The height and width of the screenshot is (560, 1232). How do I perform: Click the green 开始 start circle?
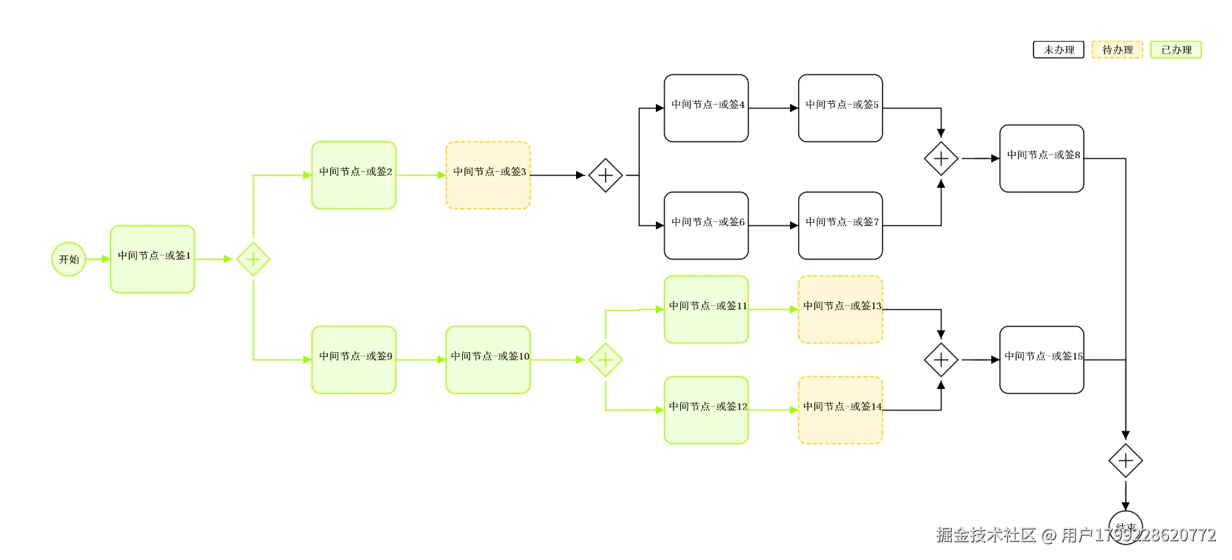pos(68,259)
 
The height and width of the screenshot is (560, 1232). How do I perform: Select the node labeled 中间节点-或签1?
pos(152,259)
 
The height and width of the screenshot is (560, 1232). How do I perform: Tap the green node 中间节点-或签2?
pos(353,175)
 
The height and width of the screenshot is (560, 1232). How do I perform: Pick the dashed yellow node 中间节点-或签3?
pos(488,175)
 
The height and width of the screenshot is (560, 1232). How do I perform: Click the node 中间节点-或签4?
pos(706,108)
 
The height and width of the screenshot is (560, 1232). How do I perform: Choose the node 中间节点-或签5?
pos(840,108)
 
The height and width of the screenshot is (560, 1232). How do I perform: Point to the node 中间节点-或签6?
pos(706,225)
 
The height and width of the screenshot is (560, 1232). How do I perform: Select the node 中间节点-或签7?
pos(840,225)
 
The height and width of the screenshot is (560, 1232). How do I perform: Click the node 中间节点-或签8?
pos(1041,158)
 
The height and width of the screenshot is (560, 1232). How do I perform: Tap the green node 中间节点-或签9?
pos(353,359)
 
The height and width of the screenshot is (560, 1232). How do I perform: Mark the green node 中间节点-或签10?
pos(488,359)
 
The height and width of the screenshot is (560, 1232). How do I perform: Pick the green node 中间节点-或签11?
pos(706,309)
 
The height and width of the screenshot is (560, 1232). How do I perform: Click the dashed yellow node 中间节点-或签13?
pos(840,309)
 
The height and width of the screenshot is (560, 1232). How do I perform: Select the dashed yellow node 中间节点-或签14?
pos(840,410)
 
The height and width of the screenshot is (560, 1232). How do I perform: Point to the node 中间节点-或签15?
pos(1041,359)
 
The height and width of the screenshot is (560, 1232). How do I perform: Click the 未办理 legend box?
pos(1058,50)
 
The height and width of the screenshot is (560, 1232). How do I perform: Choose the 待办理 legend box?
pos(1117,50)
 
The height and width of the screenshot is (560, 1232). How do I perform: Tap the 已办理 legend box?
pos(1176,50)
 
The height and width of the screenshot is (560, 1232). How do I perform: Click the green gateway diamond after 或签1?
pos(253,259)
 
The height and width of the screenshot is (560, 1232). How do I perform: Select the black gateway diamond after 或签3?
pos(605,175)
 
